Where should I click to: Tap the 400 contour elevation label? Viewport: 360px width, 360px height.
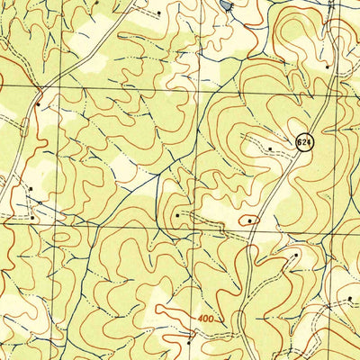pos(204,319)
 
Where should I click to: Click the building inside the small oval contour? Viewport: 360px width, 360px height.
pos(249,219)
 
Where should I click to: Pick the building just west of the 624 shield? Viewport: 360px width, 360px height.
pos(269,147)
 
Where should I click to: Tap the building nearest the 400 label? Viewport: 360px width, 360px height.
pos(189,341)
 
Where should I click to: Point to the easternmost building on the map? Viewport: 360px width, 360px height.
pos(326,297)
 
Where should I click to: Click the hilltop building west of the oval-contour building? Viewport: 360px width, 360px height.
pos(177,215)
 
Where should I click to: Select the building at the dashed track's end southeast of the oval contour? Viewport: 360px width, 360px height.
pos(295,255)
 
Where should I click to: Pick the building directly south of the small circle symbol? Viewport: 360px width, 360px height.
pos(32,217)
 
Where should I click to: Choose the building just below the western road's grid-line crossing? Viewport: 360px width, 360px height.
pos(38,103)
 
